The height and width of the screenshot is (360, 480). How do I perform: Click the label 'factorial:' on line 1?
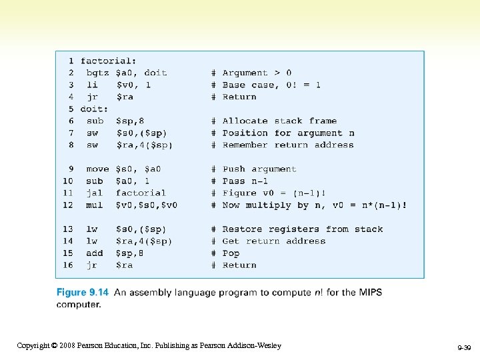(x=108, y=61)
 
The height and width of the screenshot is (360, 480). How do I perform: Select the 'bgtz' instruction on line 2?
(x=99, y=73)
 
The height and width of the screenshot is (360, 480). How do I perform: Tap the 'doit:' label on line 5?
(x=94, y=109)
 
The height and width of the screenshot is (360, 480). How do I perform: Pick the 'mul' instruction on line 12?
(x=95, y=205)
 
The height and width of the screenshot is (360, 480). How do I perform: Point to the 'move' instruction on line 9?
(x=98, y=169)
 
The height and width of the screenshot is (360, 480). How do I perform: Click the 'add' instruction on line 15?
(x=95, y=253)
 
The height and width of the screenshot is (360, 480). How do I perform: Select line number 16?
(x=68, y=265)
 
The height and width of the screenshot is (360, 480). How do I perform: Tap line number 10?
(x=68, y=181)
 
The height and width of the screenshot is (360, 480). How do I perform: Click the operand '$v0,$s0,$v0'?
(x=147, y=205)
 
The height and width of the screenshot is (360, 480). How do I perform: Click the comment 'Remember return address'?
(x=288, y=145)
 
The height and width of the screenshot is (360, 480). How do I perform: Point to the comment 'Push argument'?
(x=259, y=169)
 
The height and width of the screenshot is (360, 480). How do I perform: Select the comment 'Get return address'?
(x=274, y=241)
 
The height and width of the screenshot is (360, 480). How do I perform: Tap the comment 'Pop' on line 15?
(x=231, y=253)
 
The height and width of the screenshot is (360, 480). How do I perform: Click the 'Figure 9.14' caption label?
(x=83, y=292)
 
